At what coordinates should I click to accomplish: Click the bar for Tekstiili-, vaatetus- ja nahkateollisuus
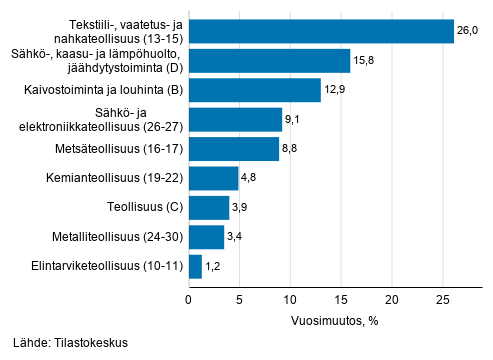pyautogui.click(x=320, y=31)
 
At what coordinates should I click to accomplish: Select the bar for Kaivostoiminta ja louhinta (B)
pyautogui.click(x=254, y=90)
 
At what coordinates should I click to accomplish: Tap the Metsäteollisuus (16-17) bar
pyautogui.click(x=233, y=149)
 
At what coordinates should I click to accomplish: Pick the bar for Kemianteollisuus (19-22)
pyautogui.click(x=213, y=179)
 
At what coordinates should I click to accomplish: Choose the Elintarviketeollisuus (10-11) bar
pyautogui.click(x=195, y=266)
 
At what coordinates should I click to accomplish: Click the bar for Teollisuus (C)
pyautogui.click(x=208, y=208)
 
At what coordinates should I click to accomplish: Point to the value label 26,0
pyautogui.click(x=468, y=31)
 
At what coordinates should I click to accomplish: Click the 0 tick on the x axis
pyautogui.click(x=189, y=298)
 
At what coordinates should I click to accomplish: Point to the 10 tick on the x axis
pyautogui.click(x=290, y=298)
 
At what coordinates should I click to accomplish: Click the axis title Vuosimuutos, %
pyautogui.click(x=320, y=322)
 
